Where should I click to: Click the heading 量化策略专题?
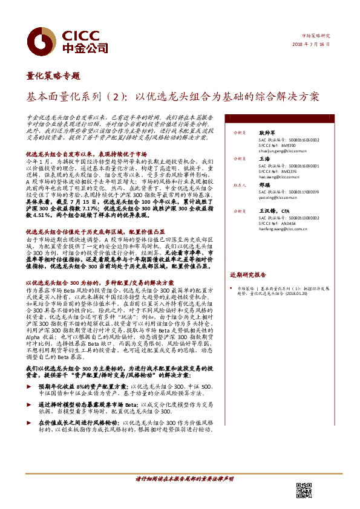tap(54, 76)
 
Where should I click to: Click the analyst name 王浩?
tap(264, 158)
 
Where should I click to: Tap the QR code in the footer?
tap(304, 490)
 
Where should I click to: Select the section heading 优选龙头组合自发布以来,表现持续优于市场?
tap(86, 154)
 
